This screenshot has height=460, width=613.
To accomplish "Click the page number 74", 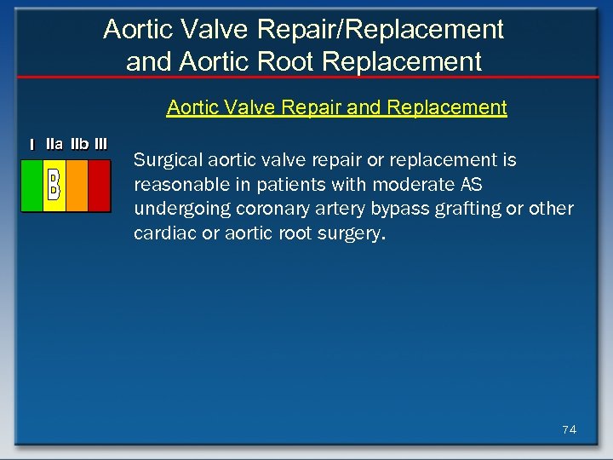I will tap(569, 429).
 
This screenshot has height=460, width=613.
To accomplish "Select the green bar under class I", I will tap(32, 185).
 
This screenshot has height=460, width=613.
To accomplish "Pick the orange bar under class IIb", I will tap(77, 185).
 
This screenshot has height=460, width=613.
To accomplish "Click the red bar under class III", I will tap(99, 185).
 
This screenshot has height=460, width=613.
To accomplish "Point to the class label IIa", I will tap(54, 144).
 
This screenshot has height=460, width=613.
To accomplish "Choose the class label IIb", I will tap(80, 144).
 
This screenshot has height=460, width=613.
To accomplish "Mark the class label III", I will tap(101, 144).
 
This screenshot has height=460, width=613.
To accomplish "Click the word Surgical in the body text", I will tap(163, 160).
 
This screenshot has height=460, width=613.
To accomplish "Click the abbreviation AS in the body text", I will tap(471, 185).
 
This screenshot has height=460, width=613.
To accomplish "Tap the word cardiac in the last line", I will tap(163, 233).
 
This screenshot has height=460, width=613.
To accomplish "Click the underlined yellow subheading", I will tap(336, 108).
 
